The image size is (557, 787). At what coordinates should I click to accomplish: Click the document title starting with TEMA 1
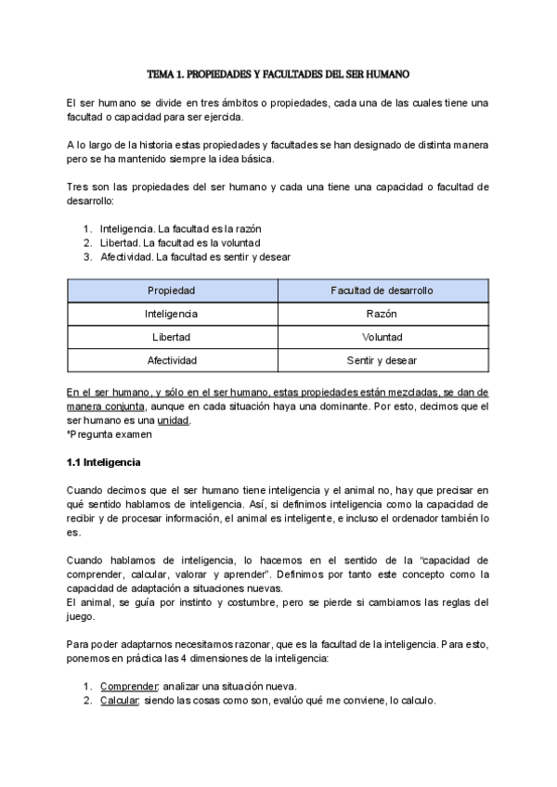pos(278,72)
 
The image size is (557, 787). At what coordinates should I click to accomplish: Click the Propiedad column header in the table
pos(172,290)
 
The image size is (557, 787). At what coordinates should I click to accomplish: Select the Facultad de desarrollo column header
pos(382,290)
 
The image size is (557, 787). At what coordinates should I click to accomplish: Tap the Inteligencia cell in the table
pos(172,314)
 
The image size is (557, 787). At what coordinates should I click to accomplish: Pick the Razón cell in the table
pos(382,314)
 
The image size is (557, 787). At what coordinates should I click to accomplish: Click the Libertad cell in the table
pos(172,337)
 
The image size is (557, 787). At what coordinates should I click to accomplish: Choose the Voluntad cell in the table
pos(382,337)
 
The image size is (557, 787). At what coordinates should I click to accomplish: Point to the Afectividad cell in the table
pos(172,360)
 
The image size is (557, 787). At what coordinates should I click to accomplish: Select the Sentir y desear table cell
pos(382,360)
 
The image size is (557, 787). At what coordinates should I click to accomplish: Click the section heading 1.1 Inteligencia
pos(103,461)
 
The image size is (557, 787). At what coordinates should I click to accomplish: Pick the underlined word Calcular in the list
pos(120,700)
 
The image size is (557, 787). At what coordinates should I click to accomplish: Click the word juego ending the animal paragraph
pos(82,615)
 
